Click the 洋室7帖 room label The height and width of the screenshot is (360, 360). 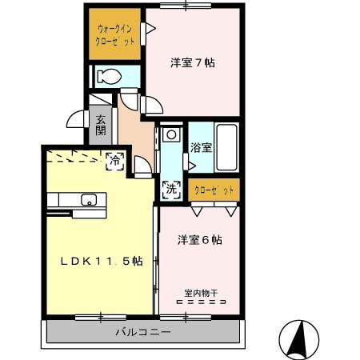point(192,62)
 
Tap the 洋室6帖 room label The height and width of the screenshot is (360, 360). point(199,239)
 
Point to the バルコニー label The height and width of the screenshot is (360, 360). point(142,330)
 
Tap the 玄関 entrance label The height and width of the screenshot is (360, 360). point(101,126)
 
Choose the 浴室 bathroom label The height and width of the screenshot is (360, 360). point(200,147)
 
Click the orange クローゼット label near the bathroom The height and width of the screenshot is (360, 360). point(214,190)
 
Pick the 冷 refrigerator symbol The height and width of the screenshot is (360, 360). point(116,160)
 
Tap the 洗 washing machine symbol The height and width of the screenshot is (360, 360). point(170,190)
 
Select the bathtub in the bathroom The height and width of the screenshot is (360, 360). point(226,146)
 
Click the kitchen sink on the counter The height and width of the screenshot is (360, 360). point(87,199)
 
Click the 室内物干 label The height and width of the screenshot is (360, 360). point(200,294)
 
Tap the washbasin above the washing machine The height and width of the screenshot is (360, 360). point(170,136)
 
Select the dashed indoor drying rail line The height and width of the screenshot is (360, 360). point(200,304)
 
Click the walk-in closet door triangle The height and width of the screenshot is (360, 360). point(149,30)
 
